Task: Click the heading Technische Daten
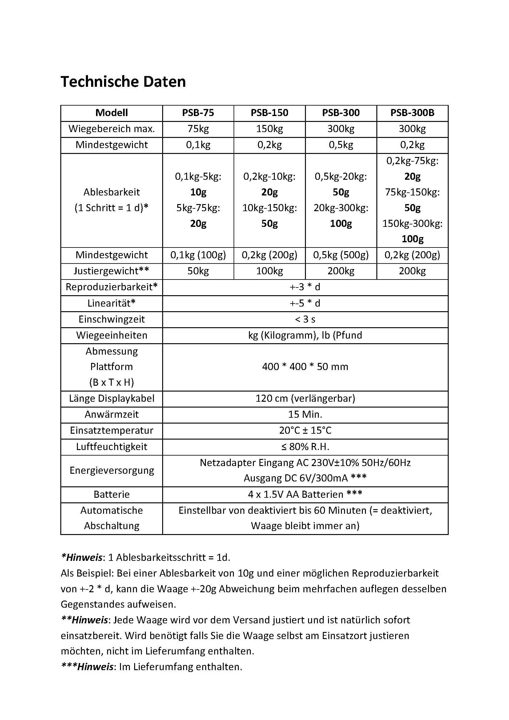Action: pyautogui.click(x=123, y=82)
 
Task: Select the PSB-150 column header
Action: pyautogui.click(x=269, y=113)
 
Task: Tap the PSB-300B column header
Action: pyautogui.click(x=412, y=113)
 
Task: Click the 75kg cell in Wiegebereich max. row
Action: pyautogui.click(x=198, y=129)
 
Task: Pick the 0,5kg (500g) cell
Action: pyautogui.click(x=341, y=255)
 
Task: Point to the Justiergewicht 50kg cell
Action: pyautogui.click(x=198, y=271)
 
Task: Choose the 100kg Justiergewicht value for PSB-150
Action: pyautogui.click(x=269, y=271)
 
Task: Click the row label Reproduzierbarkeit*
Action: pyautogui.click(x=112, y=287)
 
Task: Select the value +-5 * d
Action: pyautogui.click(x=305, y=303)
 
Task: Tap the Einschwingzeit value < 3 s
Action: pyautogui.click(x=305, y=319)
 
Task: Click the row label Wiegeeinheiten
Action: pyautogui.click(x=112, y=335)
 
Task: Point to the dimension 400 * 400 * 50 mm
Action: pyautogui.click(x=305, y=367)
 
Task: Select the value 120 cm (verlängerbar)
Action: pyautogui.click(x=305, y=399)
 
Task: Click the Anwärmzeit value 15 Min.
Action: pyautogui.click(x=305, y=415)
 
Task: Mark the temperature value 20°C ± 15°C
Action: pyautogui.click(x=305, y=431)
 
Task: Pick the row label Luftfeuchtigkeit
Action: pyautogui.click(x=112, y=447)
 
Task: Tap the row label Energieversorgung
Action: pyautogui.click(x=112, y=470)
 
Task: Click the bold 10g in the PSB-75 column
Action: pyautogui.click(x=198, y=192)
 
